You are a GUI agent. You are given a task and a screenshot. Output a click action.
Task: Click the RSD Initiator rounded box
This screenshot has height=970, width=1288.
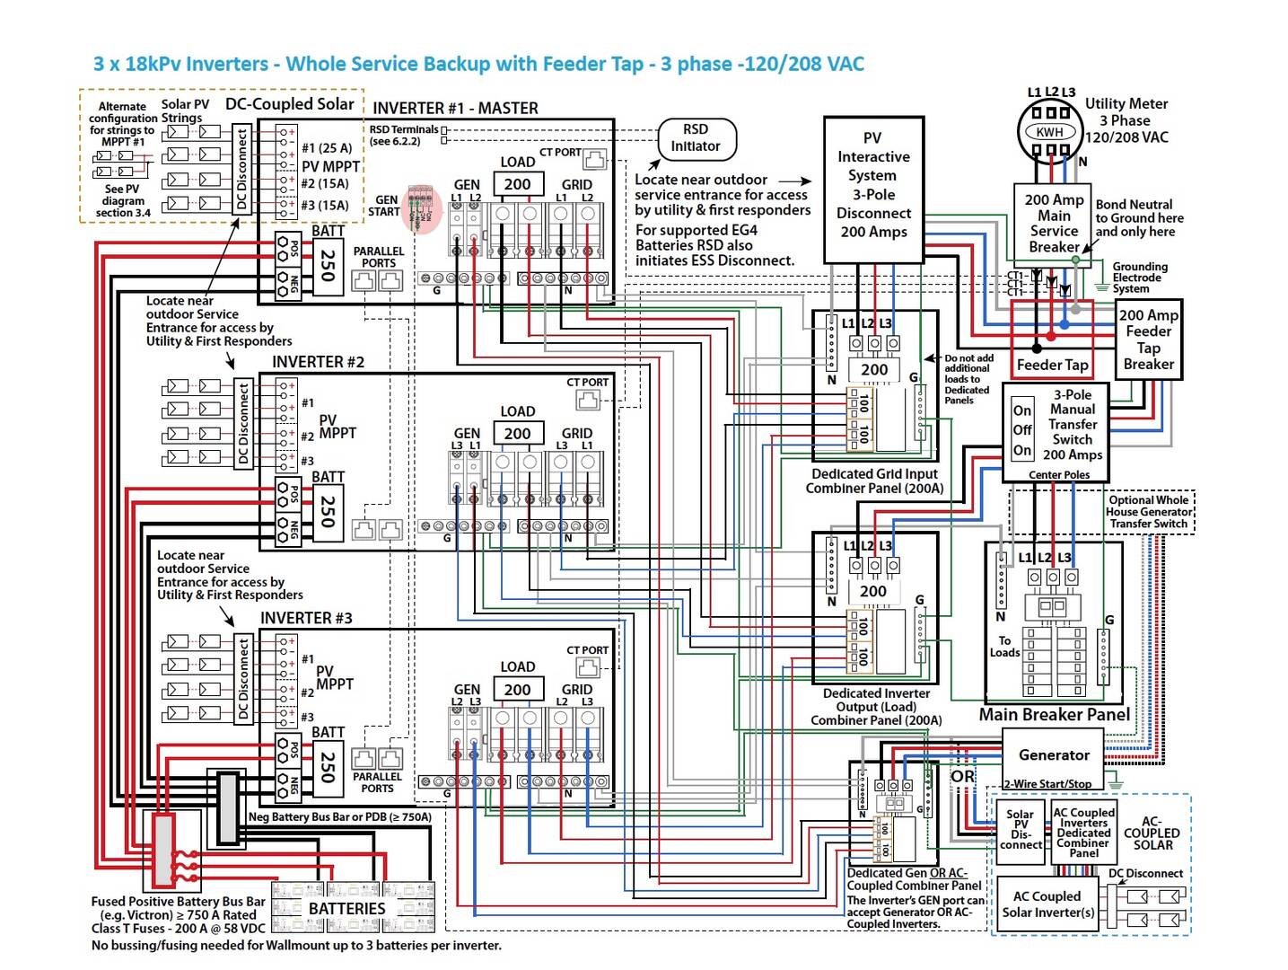point(697,138)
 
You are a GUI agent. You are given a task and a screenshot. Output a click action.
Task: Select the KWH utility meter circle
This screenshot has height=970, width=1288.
point(1049,131)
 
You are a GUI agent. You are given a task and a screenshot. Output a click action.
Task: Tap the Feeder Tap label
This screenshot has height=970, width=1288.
point(1052,365)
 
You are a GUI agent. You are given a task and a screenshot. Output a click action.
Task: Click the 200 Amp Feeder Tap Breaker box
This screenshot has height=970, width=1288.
point(1148,339)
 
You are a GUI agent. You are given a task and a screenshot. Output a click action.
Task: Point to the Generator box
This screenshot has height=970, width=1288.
point(1054,755)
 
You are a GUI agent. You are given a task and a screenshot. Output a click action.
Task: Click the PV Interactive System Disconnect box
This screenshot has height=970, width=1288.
point(873,189)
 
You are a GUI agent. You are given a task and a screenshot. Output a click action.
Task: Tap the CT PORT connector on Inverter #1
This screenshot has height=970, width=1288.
point(595,161)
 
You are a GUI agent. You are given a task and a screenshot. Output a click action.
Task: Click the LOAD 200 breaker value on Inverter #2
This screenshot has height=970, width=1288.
point(517,434)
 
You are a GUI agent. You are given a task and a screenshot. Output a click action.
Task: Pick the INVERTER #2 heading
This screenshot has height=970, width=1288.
point(318,362)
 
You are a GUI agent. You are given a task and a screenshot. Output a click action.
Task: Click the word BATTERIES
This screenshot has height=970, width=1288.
point(346,909)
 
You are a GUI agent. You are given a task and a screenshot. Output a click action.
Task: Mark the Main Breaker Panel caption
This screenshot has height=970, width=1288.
point(1054,715)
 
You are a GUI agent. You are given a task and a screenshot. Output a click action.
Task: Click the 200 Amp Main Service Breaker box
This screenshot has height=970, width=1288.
point(1054,223)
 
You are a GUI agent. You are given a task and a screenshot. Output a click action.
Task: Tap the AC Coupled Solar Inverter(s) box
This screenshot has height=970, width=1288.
point(1047,904)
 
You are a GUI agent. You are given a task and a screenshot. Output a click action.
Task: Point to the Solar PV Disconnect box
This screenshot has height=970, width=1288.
point(1021,830)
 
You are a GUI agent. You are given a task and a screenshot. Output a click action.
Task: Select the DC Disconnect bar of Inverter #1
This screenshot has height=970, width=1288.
point(241,169)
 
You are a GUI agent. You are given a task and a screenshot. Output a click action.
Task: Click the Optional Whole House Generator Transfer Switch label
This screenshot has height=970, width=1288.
point(1148,512)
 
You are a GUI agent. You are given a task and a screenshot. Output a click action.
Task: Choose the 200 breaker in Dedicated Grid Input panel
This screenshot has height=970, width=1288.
point(873,369)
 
